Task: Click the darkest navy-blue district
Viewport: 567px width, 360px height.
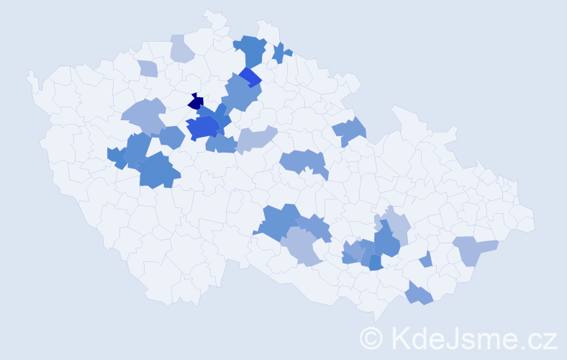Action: pyautogui.click(x=196, y=102)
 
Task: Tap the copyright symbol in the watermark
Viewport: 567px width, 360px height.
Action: pyautogui.click(x=371, y=338)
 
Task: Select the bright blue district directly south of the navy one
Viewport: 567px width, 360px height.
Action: pyautogui.click(x=202, y=128)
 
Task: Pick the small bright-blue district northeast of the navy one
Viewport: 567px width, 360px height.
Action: pyautogui.click(x=250, y=76)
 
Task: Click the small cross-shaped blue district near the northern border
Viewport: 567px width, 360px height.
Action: pyautogui.click(x=281, y=53)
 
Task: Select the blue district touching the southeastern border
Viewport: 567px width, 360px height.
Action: pyautogui.click(x=419, y=294)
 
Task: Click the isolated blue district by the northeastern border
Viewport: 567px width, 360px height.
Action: pyautogui.click(x=350, y=131)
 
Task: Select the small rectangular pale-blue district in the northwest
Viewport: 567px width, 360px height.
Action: pyautogui.click(x=148, y=69)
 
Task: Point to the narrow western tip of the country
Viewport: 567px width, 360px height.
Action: pyautogui.click(x=30, y=75)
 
